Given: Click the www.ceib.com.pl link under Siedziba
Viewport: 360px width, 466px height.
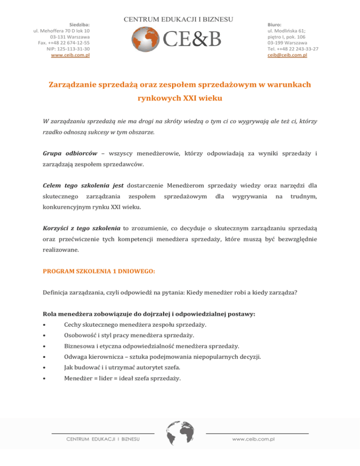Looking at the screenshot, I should coord(70,55).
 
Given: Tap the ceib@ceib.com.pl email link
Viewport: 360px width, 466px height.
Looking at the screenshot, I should coord(287,55).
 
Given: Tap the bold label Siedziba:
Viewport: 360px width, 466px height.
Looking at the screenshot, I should coord(79,23).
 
